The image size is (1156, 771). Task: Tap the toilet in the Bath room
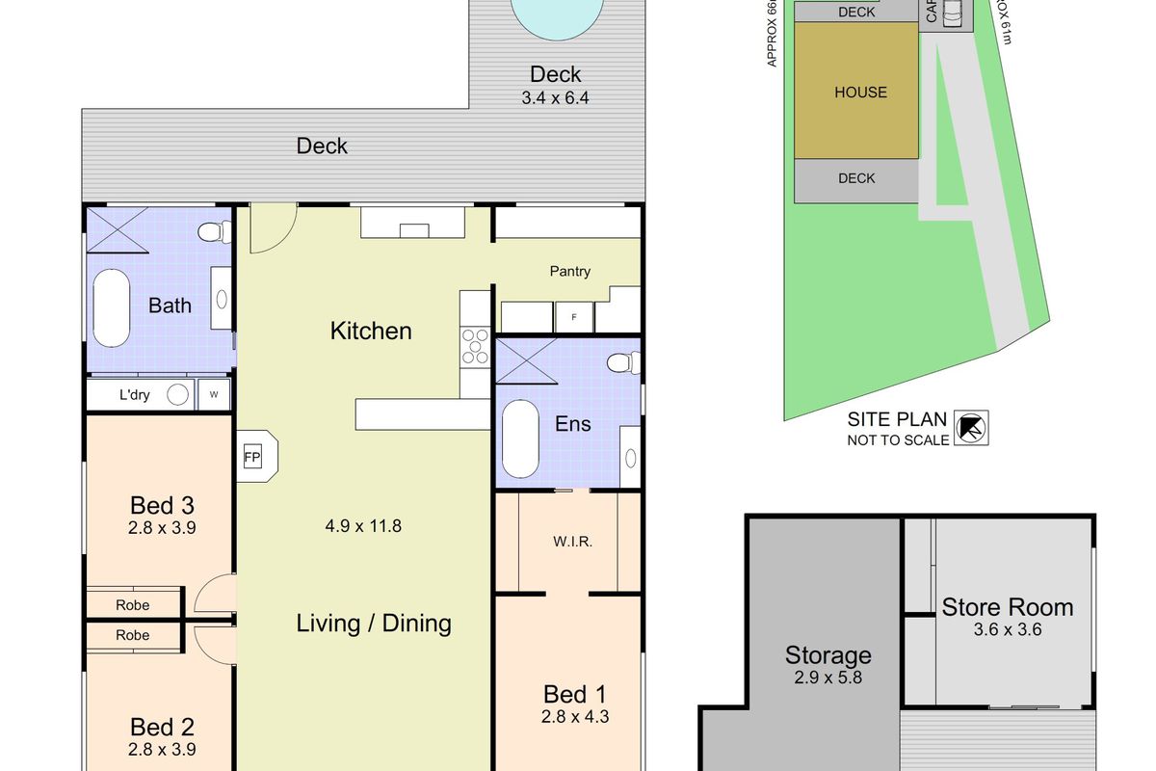(x=214, y=232)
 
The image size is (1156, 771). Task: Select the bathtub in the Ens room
(x=521, y=439)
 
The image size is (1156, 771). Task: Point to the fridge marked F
(x=574, y=316)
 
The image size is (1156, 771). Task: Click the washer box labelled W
(x=213, y=394)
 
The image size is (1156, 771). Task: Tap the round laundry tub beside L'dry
(x=178, y=394)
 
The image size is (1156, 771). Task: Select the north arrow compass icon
(x=970, y=427)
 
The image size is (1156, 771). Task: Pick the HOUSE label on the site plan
(x=860, y=93)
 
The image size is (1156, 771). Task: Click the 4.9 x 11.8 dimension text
(x=363, y=526)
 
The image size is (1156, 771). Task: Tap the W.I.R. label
(x=572, y=542)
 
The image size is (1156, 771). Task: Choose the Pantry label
(x=570, y=272)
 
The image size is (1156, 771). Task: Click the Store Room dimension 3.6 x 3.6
(x=1008, y=630)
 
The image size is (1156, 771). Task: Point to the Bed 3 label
(x=163, y=505)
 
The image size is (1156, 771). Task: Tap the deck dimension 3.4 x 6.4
(x=556, y=96)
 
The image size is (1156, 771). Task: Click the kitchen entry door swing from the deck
(x=272, y=229)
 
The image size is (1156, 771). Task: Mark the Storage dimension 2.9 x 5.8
(x=828, y=678)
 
